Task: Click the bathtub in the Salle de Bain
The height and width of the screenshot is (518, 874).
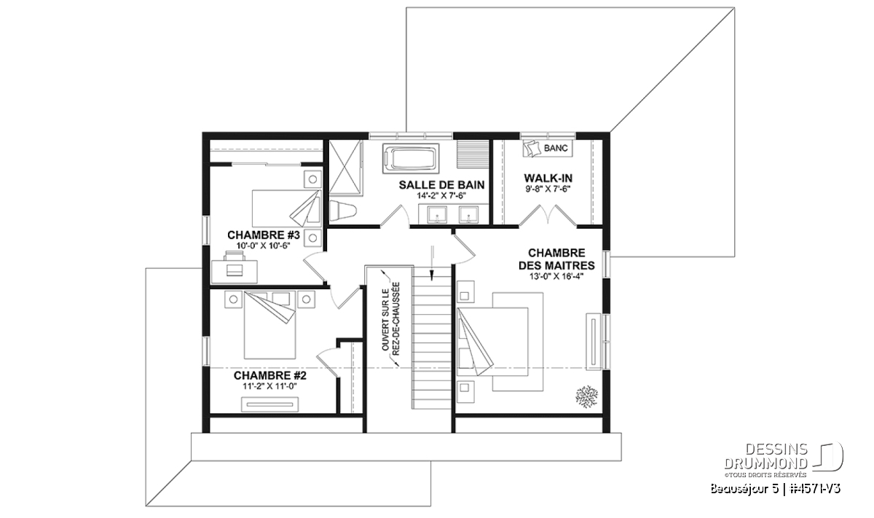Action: pos(411,160)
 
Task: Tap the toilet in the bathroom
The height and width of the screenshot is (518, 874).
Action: pos(343,211)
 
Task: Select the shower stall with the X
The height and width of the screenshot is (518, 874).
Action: pos(345,167)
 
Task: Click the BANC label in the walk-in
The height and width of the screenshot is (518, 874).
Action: pos(556,149)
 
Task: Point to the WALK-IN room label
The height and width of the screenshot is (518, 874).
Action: pos(548,178)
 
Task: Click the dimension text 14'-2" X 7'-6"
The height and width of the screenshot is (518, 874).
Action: pos(441,195)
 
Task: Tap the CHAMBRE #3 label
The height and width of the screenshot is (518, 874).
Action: pos(264,235)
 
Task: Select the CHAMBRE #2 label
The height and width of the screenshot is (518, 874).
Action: pos(270,375)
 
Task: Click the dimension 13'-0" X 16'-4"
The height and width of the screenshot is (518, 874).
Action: pos(556,277)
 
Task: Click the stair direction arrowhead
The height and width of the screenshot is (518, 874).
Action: pos(432,275)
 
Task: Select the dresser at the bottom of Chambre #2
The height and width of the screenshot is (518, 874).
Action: pos(270,404)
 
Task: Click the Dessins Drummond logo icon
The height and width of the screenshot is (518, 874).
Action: pos(828,456)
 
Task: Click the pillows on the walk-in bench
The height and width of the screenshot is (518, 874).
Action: pos(531,149)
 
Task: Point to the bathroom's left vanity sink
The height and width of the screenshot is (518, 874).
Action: pos(437,215)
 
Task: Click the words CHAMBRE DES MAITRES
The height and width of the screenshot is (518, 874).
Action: pos(556,259)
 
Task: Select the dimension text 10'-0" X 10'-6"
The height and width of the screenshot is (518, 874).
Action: pos(264,246)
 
